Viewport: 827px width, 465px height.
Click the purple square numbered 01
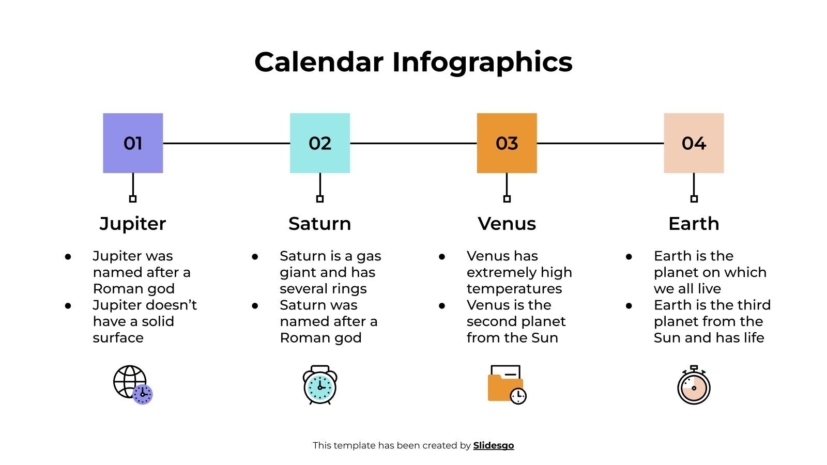pyautogui.click(x=133, y=143)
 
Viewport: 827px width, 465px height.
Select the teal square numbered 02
pyautogui.click(x=320, y=143)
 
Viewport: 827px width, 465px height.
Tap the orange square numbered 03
pyautogui.click(x=507, y=143)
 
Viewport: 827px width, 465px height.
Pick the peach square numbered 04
pyautogui.click(x=694, y=143)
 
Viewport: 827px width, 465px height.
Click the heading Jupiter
pyautogui.click(x=133, y=224)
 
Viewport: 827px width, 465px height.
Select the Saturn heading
pyautogui.click(x=320, y=224)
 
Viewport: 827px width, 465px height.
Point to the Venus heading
pyautogui.click(x=507, y=224)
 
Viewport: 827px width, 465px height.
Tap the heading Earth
pyautogui.click(x=694, y=224)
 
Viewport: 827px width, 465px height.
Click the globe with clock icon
pyautogui.click(x=133, y=385)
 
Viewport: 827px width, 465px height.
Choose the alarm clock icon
pyautogui.click(x=320, y=385)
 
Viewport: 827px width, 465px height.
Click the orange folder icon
pyautogui.click(x=507, y=385)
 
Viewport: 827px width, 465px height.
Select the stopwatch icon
pyautogui.click(x=694, y=386)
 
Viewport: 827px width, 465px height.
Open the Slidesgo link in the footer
pyautogui.click(x=494, y=445)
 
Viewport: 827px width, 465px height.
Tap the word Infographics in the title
pyautogui.click(x=482, y=62)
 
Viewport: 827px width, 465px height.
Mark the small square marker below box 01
pyautogui.click(x=133, y=199)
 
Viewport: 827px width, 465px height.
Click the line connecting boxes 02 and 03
pyautogui.click(x=413, y=143)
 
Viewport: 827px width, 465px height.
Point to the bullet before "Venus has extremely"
pyautogui.click(x=442, y=256)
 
